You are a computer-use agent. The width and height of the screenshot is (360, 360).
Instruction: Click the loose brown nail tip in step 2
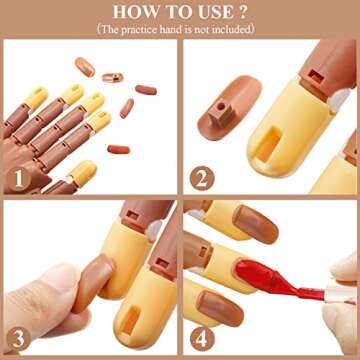222,113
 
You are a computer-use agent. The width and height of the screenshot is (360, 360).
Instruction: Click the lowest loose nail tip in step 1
119,149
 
